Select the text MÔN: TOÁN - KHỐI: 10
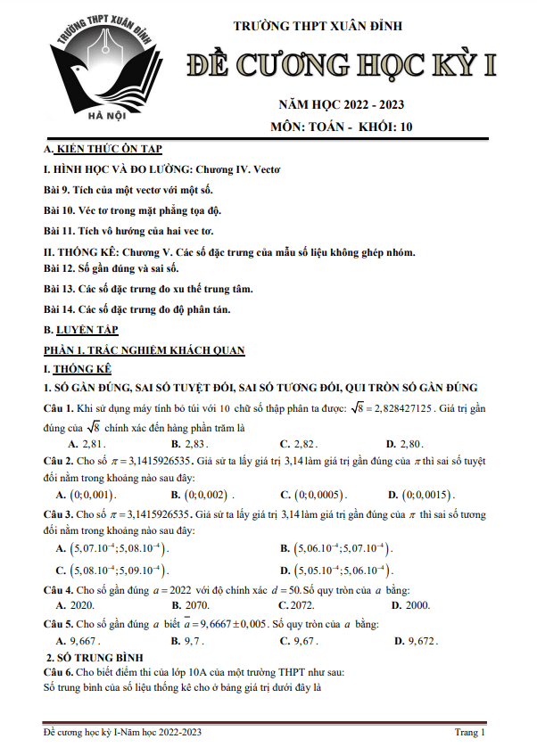(x=342, y=127)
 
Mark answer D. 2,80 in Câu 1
(x=406, y=443)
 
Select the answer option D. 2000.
(x=408, y=604)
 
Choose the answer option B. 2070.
(x=192, y=604)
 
